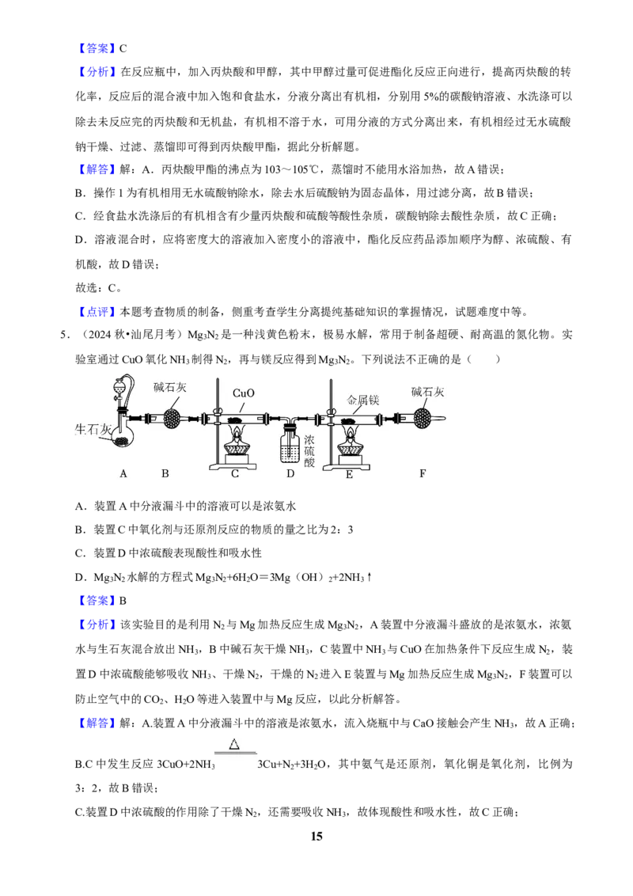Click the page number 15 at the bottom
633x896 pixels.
[x=316, y=836]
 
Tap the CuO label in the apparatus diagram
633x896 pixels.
[x=244, y=393]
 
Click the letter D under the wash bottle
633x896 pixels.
[x=291, y=473]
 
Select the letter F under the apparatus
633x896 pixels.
[x=423, y=473]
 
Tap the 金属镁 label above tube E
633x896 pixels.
[x=362, y=400]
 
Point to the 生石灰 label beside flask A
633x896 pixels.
[x=93, y=429]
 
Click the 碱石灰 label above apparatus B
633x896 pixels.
[x=170, y=387]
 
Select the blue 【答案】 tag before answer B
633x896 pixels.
[x=96, y=601]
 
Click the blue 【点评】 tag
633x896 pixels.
[x=96, y=311]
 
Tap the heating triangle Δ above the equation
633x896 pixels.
[x=234, y=744]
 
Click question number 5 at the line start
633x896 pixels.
[x=65, y=335]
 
